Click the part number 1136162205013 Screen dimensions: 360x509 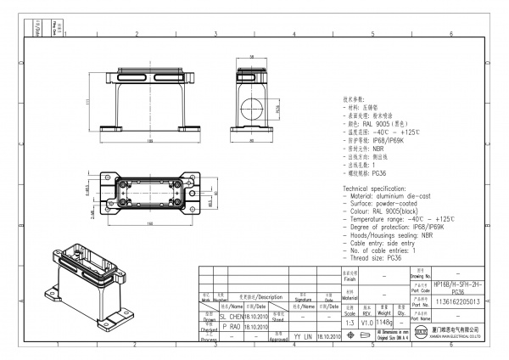(x=456, y=301)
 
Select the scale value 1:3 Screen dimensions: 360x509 (x=349, y=323)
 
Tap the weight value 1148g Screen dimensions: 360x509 (x=386, y=323)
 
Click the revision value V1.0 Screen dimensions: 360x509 (x=367, y=323)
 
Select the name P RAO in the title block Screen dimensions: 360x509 (x=230, y=325)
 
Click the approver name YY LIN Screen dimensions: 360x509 (x=303, y=336)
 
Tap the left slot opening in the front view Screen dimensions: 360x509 (x=118, y=77)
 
